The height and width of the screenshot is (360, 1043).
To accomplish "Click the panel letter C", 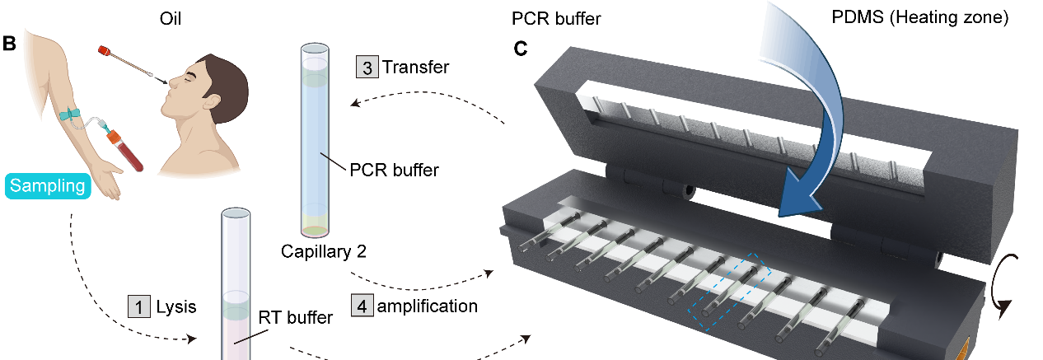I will (x=521, y=49).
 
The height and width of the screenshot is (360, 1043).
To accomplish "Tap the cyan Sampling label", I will (x=49, y=185).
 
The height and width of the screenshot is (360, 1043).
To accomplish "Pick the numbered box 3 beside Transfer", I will (x=367, y=67).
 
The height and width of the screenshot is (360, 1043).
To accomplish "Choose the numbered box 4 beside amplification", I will (x=362, y=306).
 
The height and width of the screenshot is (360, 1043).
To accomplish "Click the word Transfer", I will (x=416, y=67).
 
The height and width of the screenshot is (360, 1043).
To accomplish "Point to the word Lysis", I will (x=176, y=307).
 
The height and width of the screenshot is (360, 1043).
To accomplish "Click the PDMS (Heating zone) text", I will (x=938, y=16).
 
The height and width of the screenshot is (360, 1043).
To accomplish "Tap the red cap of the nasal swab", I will (x=105, y=50).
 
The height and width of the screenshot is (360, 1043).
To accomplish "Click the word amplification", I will (x=428, y=306).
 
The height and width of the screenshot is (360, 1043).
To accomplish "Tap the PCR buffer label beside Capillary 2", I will (x=395, y=171).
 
